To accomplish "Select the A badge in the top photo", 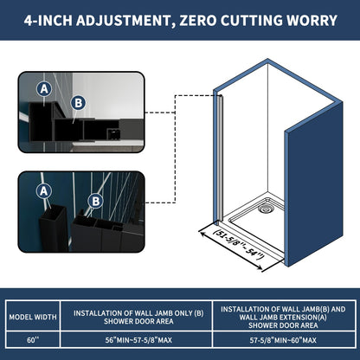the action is [x=44, y=89].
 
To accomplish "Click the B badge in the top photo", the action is [x=78, y=103].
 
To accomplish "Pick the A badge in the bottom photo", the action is [x=44, y=191].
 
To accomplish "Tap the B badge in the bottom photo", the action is [x=96, y=201].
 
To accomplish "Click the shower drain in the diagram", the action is [x=265, y=209].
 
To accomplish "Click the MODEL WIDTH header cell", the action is [x=33, y=317].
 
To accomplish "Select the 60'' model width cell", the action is [x=33, y=340].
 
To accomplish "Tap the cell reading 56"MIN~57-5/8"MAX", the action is [x=138, y=340].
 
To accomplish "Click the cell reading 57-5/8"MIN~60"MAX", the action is [x=283, y=340].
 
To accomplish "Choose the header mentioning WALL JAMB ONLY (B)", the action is [x=138, y=317].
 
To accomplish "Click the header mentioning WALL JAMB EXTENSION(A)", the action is [x=283, y=317].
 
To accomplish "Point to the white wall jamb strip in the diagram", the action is [x=221, y=158].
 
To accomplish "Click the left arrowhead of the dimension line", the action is [x=202, y=234].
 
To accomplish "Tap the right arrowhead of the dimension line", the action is [x=259, y=268].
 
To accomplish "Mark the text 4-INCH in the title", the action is [x=48, y=21].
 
